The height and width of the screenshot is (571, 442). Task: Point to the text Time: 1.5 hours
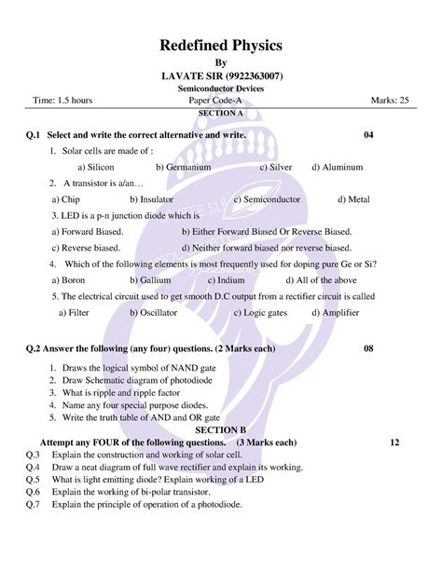point(68,100)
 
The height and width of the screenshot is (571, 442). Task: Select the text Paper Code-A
point(220,100)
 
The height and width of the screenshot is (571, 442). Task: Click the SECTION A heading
point(221,112)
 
